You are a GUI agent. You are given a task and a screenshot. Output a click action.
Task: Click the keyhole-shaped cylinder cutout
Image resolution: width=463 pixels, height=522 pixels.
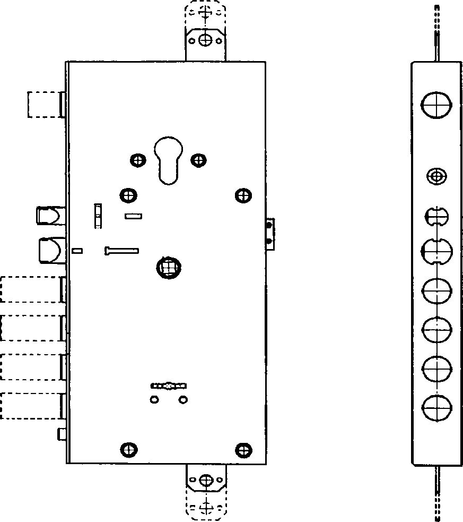point(168,161)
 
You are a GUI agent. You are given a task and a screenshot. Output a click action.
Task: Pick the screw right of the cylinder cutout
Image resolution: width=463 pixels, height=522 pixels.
point(199,159)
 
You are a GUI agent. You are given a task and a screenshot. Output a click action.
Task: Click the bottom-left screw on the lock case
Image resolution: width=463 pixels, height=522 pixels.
point(128,450)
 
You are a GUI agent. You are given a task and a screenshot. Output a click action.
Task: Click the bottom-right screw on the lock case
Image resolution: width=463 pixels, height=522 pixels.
point(243,450)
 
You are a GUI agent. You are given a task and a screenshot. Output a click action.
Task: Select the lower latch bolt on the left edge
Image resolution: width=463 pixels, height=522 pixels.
point(50,250)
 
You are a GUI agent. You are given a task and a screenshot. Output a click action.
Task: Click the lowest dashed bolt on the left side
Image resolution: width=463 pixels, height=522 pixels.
point(31,405)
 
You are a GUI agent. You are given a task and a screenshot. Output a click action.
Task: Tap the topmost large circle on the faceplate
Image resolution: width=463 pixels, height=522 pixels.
point(436,104)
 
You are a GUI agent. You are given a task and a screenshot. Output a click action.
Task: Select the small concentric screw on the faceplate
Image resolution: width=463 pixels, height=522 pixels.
point(436,176)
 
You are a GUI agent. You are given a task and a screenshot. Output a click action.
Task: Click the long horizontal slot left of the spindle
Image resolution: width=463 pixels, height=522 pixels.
point(122,250)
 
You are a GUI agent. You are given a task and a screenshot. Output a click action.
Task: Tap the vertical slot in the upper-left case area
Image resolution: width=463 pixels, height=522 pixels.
point(98,216)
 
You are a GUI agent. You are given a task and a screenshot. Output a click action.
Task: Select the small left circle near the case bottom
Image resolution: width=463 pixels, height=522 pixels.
point(154,399)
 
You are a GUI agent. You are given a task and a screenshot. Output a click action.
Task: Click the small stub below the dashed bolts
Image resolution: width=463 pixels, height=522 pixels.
point(62,435)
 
